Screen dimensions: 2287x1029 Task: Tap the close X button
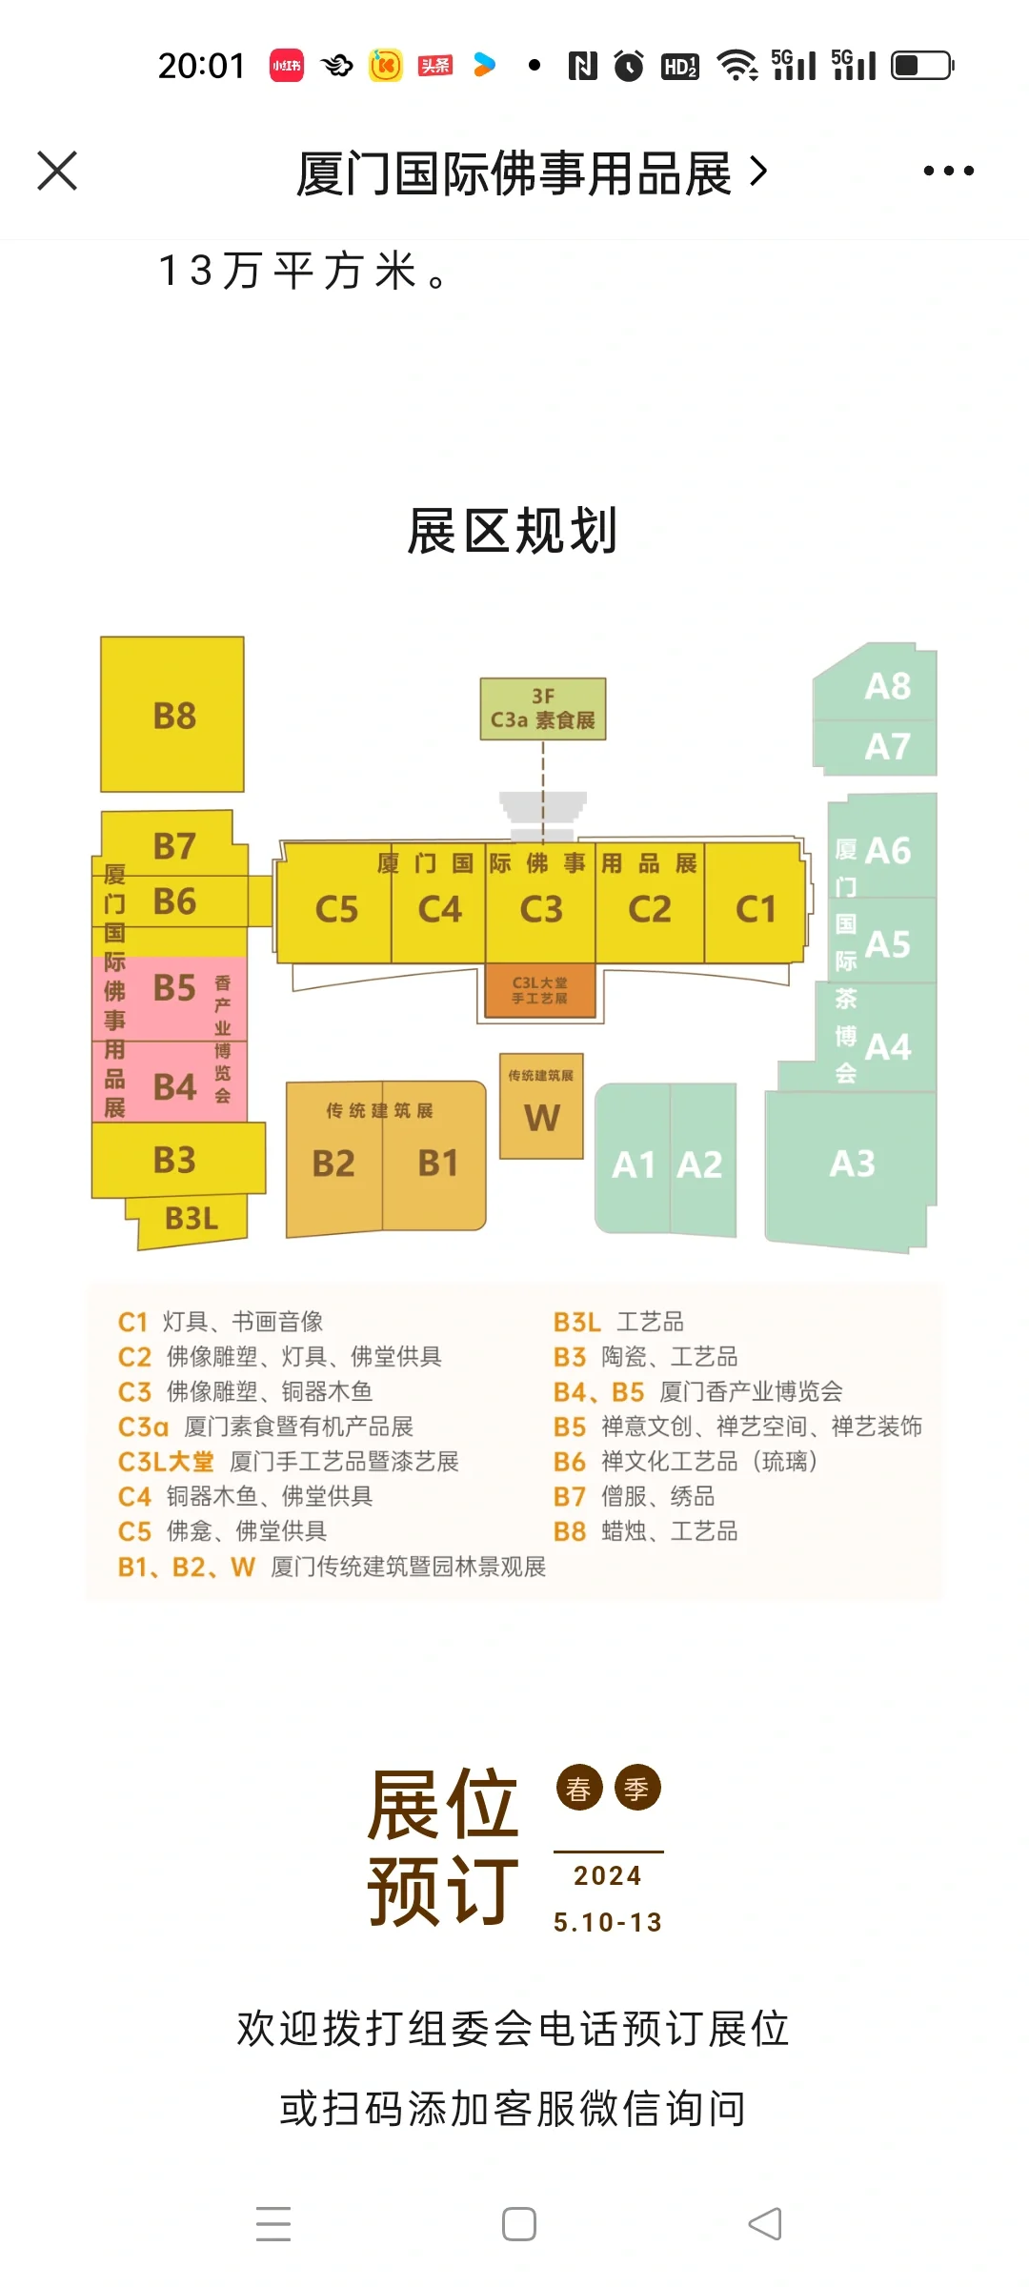tap(57, 172)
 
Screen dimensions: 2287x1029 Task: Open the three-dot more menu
tap(948, 172)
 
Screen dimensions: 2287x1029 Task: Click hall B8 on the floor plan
tap(173, 715)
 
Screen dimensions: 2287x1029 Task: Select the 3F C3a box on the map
tap(542, 709)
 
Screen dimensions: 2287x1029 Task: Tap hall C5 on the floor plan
tap(336, 909)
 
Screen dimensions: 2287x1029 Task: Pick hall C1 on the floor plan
tap(756, 909)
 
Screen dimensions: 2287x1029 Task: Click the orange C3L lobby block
tap(540, 991)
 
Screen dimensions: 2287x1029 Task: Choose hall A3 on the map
tap(852, 1164)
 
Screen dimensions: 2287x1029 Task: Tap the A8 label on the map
tap(887, 686)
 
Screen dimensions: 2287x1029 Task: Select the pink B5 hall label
tap(174, 988)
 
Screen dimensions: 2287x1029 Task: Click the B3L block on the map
tap(192, 1219)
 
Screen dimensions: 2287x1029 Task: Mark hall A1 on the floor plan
tap(633, 1164)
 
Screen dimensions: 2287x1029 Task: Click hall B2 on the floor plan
tap(333, 1164)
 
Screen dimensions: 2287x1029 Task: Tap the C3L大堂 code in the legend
tap(166, 1462)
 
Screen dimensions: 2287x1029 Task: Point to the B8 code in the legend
tap(570, 1531)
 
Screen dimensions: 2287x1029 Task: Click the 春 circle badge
tap(579, 1789)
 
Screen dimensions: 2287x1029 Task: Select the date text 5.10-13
tap(608, 1922)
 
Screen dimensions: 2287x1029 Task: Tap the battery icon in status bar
tap(921, 66)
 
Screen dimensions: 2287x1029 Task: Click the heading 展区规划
tap(514, 531)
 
